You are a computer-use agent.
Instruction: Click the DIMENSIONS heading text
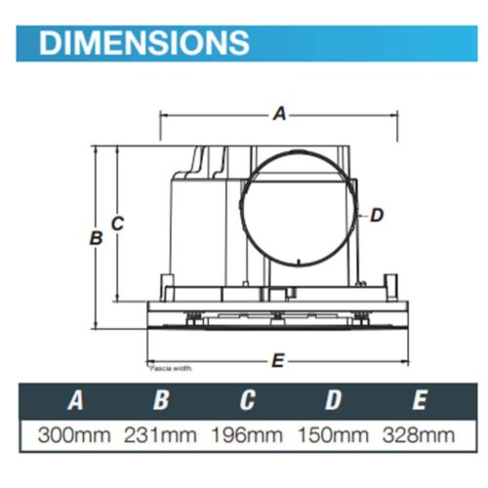coord(143,42)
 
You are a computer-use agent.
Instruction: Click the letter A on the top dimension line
coord(279,114)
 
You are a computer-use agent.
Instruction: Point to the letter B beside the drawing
coord(96,238)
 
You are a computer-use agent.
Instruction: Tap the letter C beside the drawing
coord(117,224)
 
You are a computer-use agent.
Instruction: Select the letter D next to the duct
coord(377,215)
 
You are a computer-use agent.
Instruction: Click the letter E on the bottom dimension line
coord(278,360)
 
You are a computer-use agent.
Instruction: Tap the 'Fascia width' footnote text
coord(170,370)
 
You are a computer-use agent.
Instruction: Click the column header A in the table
coord(73,400)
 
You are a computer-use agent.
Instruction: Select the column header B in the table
coord(161,400)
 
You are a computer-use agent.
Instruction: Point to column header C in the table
coord(247,400)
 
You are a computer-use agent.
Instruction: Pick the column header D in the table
coord(334,400)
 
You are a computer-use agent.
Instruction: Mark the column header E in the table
coord(420,400)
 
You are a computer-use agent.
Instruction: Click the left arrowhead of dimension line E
coord(147,360)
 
